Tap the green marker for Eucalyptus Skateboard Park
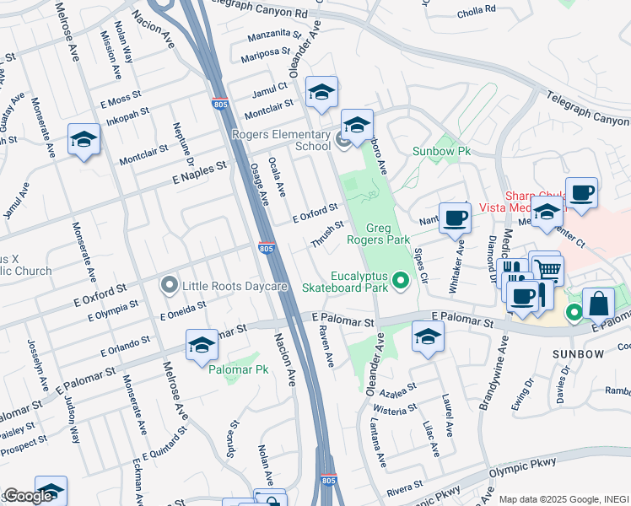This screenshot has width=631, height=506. coord(401,282)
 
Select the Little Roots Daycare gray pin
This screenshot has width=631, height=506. coord(170,286)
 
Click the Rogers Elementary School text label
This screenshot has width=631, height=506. coord(282,140)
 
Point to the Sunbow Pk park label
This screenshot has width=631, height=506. coord(440,151)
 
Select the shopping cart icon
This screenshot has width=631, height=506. coord(549,271)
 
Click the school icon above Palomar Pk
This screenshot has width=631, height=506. coord(202,345)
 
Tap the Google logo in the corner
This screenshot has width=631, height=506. coord(29,496)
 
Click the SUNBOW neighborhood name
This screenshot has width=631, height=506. coord(578,353)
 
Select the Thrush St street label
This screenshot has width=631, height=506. coord(326,235)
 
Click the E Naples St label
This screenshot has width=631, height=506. coord(200,172)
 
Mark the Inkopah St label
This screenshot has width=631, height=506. coord(127,114)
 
